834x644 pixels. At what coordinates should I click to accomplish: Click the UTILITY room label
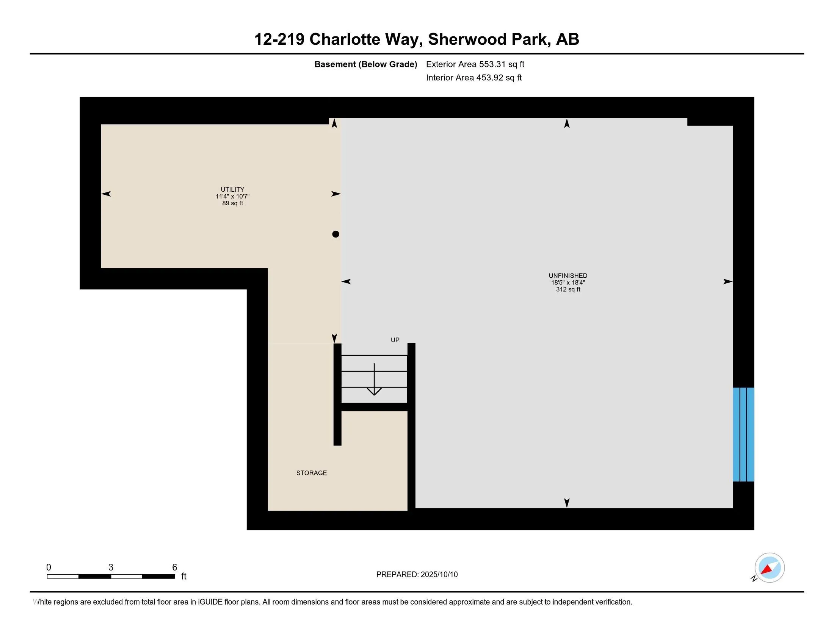pyautogui.click(x=232, y=189)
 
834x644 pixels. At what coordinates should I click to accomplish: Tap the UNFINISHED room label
pyautogui.click(x=568, y=275)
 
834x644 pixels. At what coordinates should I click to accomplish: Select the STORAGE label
pyautogui.click(x=311, y=473)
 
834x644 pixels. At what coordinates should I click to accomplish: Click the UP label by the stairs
pyautogui.click(x=395, y=340)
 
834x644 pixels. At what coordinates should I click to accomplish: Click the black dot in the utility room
pyautogui.click(x=335, y=234)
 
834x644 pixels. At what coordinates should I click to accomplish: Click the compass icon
pyautogui.click(x=769, y=568)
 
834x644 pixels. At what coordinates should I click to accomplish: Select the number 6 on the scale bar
pyautogui.click(x=174, y=567)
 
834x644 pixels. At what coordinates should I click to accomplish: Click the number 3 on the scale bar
pyautogui.click(x=111, y=567)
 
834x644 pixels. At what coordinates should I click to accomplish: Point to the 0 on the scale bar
pyautogui.click(x=49, y=567)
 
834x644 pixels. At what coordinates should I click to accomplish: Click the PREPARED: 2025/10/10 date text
pyautogui.click(x=417, y=575)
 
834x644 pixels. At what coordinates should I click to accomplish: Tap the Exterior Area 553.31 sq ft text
pyautogui.click(x=475, y=64)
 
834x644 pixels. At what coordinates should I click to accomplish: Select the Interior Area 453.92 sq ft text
pyautogui.click(x=473, y=77)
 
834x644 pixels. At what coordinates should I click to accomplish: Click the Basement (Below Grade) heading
pyautogui.click(x=365, y=64)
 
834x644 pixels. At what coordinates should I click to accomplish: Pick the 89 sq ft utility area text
pyautogui.click(x=232, y=203)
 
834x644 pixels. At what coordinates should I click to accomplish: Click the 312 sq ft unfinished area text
pyautogui.click(x=568, y=289)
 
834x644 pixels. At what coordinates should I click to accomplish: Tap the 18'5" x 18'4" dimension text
pyautogui.click(x=568, y=283)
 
